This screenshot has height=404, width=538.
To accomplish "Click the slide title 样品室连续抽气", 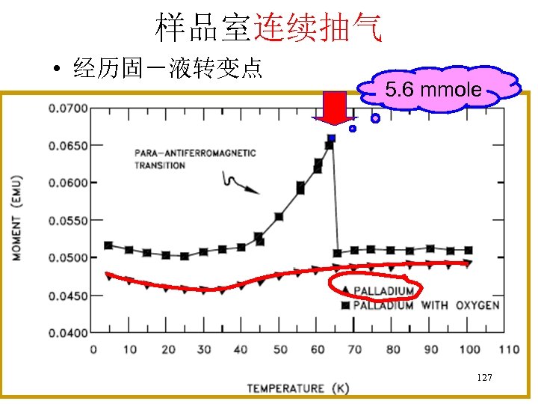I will tap(269, 28).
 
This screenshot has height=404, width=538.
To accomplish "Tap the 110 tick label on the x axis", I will tap(508, 349).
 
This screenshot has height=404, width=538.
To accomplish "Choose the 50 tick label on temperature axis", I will tap(279, 349).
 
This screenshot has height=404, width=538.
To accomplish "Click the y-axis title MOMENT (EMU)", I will tap(16, 218).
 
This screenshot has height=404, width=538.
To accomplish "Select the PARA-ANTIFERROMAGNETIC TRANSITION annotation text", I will tap(195, 159).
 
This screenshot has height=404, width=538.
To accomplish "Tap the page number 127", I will tap(484, 378).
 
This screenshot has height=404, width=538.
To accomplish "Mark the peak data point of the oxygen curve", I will tap(331, 139).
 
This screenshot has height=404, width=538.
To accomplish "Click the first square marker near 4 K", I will tap(108, 245).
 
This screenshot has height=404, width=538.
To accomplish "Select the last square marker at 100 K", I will tap(469, 251).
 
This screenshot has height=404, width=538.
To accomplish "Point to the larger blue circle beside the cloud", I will tap(376, 118).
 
